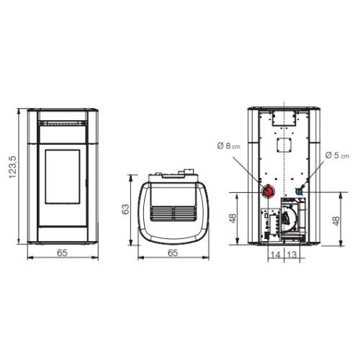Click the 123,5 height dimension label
[x=13, y=167]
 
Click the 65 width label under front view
[x=62, y=253]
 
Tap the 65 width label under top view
[x=173, y=253]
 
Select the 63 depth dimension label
[x=125, y=209]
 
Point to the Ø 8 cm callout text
[x=228, y=145]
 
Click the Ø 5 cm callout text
[x=338, y=156]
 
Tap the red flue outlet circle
[x=268, y=192]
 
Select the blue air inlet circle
[x=299, y=192]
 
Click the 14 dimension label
[x=276, y=255]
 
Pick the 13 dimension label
[x=292, y=255]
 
